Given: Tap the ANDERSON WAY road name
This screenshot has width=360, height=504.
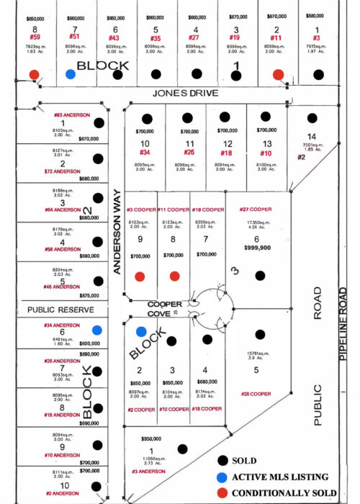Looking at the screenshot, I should tap(117, 230).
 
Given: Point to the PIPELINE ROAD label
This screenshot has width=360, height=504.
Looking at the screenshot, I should tap(343, 324).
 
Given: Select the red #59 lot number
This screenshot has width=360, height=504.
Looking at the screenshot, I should tap(34, 37).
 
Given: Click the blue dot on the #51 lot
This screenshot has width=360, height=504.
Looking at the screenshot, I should tap(70, 74).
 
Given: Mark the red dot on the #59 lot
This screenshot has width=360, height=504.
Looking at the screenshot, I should tap(34, 74).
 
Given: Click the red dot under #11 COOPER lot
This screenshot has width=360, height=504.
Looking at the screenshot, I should tap(174, 276).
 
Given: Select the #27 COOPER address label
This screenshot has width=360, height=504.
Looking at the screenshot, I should tap(256, 210).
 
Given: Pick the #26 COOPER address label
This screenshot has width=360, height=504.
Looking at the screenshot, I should tap(256, 394).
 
